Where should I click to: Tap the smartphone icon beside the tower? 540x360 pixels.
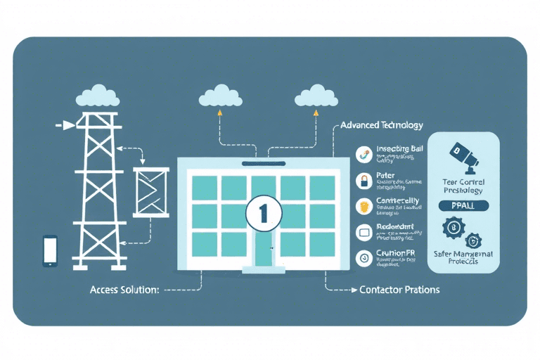coord(50,251)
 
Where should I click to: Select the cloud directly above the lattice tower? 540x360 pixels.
coord(97,95)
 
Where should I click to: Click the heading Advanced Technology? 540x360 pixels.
coord(381,125)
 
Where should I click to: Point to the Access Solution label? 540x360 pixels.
coord(124,290)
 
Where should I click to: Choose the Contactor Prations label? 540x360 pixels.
coord(399,290)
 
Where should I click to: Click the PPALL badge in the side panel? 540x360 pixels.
coord(463,206)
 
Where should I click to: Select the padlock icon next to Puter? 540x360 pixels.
coord(364,181)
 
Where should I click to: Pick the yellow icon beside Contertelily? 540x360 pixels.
coord(364,206)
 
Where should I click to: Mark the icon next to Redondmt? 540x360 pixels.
coord(364,231)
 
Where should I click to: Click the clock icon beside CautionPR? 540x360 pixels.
coord(364,257)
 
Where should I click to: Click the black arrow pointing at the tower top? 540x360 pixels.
coord(65,125)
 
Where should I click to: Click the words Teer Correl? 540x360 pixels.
coord(463,181)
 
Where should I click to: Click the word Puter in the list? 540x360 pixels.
coord(386,176)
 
